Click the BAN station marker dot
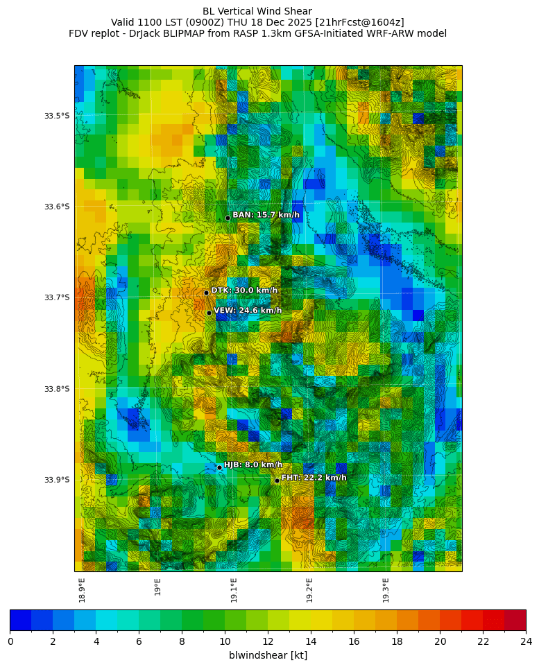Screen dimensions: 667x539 click(x=228, y=218)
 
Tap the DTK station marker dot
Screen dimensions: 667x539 click(x=206, y=293)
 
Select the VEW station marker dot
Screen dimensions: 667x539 click(x=209, y=313)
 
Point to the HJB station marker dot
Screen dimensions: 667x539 click(x=219, y=467)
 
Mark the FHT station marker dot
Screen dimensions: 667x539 click(x=277, y=480)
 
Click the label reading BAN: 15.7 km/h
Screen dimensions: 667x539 click(x=266, y=215)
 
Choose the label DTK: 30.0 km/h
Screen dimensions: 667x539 click(x=244, y=291)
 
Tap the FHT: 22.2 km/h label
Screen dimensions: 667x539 click(x=314, y=478)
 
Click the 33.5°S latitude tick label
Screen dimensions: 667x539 click(x=57, y=116)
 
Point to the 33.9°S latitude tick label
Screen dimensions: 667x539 click(x=57, y=480)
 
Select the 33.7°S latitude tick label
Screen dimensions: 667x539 click(x=57, y=297)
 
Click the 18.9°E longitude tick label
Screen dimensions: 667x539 click(x=82, y=590)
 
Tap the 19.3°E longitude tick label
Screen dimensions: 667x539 click(x=386, y=590)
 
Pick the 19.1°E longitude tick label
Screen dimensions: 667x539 click(x=234, y=590)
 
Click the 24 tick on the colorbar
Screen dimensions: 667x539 click(x=525, y=641)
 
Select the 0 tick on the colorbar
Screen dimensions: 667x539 click(x=10, y=641)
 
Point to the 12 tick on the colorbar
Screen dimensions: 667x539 click(x=268, y=641)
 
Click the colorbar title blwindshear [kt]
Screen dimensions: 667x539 click(x=268, y=655)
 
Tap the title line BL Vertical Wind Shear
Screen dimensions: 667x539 click(x=257, y=11)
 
